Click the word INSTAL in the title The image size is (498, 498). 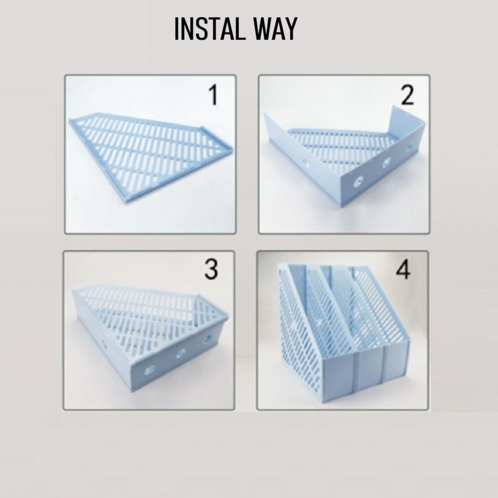tap(209, 29)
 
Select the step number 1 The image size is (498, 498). tap(213, 95)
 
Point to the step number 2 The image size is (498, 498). tap(407, 96)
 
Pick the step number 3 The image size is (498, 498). tap(211, 270)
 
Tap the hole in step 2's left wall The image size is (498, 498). tap(306, 163)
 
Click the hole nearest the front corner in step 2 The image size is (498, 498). tap(358, 182)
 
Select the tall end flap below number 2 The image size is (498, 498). tap(405, 128)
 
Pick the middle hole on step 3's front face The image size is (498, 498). tap(181, 353)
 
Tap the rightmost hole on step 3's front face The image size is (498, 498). tap(207, 339)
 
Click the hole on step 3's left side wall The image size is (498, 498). tap(105, 345)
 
